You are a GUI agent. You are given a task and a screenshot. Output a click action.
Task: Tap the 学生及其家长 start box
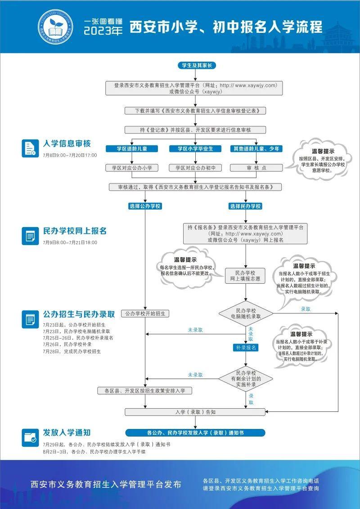click(197, 65)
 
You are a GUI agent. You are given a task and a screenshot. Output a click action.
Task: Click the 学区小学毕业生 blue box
click(195, 149)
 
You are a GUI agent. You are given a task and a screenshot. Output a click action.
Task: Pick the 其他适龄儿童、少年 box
click(256, 149)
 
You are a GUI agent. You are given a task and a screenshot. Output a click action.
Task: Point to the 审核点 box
click(256, 168)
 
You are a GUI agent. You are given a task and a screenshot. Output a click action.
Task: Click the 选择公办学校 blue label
click(145, 206)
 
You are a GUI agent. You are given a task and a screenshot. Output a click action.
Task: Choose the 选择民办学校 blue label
click(245, 206)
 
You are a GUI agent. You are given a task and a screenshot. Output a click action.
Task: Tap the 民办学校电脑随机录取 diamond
click(246, 313)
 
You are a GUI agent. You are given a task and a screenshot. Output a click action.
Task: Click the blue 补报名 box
click(246, 348)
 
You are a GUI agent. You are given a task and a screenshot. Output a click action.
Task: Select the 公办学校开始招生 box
click(144, 313)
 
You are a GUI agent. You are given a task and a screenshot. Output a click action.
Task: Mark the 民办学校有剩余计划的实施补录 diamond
click(246, 379)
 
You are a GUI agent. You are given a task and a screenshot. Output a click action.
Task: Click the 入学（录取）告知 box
click(196, 412)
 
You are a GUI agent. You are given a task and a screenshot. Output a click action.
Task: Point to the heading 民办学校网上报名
click(75, 231)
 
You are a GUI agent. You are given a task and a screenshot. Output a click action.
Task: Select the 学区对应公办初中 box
click(195, 168)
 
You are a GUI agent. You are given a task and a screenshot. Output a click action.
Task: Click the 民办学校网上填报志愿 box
click(245, 276)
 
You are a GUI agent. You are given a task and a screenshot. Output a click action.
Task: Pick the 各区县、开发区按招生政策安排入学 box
click(145, 391)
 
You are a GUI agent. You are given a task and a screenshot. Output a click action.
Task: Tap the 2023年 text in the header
click(103, 31)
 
